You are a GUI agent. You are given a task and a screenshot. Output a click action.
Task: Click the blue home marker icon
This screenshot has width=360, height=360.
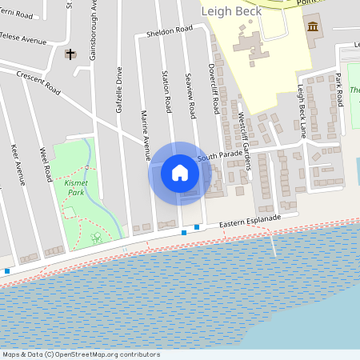[x=180, y=173]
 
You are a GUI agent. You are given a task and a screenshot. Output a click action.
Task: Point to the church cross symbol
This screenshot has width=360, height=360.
[x=70, y=54]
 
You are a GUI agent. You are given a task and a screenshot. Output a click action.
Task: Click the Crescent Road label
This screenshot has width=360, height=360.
[x=38, y=82]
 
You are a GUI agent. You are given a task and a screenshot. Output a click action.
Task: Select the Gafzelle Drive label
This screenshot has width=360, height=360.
[x=118, y=89]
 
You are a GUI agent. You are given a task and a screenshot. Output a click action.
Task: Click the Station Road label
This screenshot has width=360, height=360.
[x=168, y=91]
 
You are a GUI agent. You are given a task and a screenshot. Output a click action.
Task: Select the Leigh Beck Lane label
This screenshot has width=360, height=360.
[x=302, y=104]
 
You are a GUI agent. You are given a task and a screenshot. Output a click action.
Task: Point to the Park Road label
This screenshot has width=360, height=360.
[x=338, y=88]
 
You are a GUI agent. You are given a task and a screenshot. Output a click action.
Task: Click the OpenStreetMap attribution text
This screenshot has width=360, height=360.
[x=80, y=354]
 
